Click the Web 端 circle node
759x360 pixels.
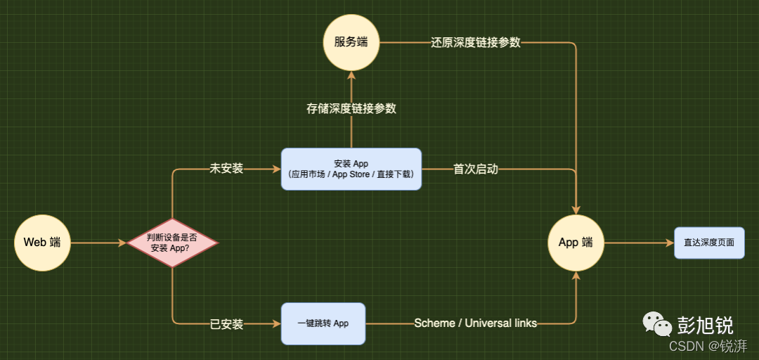coord(42,243)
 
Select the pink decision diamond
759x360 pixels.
coord(172,243)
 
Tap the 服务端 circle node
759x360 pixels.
coord(351,42)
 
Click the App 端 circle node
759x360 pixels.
coord(576,243)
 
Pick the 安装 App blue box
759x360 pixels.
coord(351,169)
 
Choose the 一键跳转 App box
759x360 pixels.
coord(323,323)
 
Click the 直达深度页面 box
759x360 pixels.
coord(709,243)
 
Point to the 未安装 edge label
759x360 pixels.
coord(226,169)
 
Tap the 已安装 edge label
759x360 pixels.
coord(226,324)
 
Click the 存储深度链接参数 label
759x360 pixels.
coord(351,109)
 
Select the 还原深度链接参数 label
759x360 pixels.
coord(476,42)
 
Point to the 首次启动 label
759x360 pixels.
coord(476,169)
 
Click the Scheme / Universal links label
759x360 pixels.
coord(476,323)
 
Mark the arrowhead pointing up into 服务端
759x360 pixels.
coord(351,75)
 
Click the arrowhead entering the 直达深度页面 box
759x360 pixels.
coord(669,243)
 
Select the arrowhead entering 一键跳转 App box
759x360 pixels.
coord(276,324)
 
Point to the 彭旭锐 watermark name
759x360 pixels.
coord(705,325)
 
